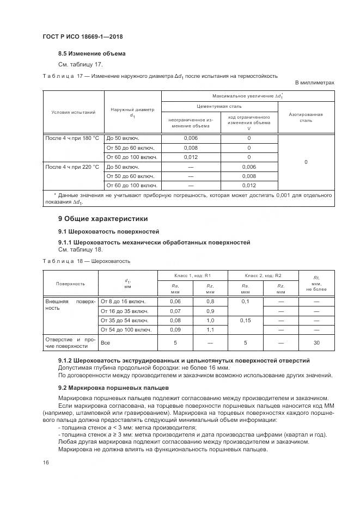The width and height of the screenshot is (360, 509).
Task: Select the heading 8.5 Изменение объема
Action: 91,54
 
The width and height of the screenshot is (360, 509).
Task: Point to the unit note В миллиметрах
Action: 314,83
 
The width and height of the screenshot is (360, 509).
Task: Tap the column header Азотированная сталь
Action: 306,118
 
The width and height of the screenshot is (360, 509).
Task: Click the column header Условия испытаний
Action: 73,113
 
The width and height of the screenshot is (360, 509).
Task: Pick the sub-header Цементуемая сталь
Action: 219,107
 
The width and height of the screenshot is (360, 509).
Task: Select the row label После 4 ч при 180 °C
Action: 72,138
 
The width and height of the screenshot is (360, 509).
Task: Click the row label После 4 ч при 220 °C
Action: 72,167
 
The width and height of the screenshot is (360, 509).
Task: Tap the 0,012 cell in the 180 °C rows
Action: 191,157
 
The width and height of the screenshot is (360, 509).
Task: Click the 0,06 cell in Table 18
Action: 175,301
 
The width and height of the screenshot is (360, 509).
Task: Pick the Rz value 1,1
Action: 210,330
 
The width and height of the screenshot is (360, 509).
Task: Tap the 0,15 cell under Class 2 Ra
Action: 245,321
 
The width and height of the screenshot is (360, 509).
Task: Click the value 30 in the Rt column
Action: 316,342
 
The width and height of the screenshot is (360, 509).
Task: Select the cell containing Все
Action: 106,343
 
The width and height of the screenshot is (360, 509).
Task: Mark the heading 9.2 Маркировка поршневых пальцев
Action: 114,387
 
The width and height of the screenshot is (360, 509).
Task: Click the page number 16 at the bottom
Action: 46,462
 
